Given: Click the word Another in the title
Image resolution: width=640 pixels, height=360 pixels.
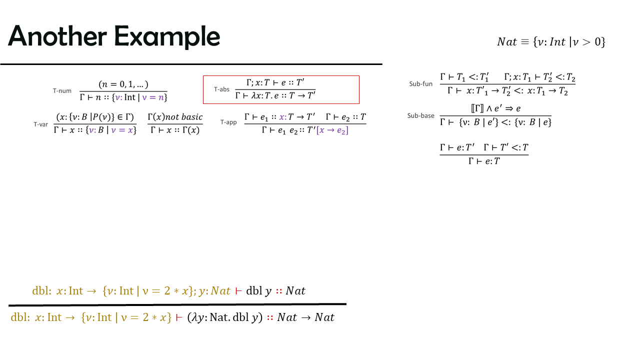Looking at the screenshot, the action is (57, 36).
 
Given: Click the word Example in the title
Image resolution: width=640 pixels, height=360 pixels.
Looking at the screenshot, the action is (167, 37).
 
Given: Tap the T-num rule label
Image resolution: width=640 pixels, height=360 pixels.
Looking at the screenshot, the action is (62, 91).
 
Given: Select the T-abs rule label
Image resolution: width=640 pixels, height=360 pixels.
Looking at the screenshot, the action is (221, 89).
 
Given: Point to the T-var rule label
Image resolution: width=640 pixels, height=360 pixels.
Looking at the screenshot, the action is (41, 124).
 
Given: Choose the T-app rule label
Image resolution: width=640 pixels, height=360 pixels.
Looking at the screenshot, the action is (228, 122).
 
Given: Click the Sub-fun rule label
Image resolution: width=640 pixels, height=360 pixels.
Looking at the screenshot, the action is (421, 83).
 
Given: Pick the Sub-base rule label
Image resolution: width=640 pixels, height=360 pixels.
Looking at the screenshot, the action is (421, 115).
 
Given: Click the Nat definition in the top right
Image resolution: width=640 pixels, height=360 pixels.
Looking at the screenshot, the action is (551, 42).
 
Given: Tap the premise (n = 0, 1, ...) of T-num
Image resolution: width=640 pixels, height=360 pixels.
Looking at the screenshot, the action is (123, 84).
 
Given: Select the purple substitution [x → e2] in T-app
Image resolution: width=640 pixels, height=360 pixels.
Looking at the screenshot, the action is (332, 130).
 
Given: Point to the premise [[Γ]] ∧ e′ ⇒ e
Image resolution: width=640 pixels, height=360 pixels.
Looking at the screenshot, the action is (495, 108).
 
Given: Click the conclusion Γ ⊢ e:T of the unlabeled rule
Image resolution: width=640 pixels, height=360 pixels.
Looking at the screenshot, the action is (484, 161).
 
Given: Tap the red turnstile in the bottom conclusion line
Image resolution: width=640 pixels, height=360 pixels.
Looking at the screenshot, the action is (179, 317).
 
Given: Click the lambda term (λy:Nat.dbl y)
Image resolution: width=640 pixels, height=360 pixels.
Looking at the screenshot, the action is (225, 317).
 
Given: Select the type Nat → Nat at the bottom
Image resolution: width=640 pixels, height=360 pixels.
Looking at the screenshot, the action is (305, 317).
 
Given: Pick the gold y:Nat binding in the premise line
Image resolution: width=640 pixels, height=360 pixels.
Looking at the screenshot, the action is (214, 291).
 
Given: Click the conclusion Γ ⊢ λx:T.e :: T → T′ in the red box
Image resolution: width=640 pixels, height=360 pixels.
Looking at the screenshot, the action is (275, 95).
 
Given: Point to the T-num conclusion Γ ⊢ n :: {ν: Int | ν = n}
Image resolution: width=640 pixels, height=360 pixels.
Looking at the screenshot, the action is (123, 97).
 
